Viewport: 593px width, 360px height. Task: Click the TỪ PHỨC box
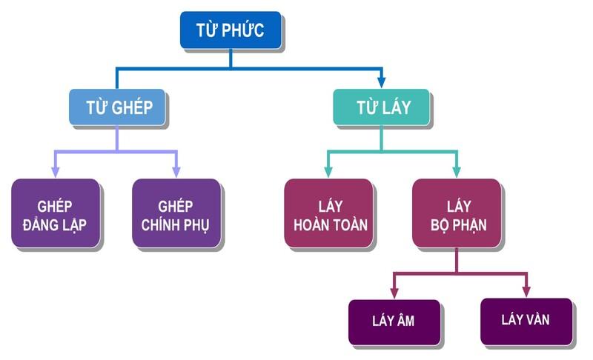pyautogui.click(x=230, y=30)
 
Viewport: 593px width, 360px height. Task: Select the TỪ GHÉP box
pyautogui.click(x=117, y=107)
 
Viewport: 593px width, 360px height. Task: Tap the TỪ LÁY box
pyautogui.click(x=381, y=107)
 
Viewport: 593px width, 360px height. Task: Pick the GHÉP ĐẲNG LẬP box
pyautogui.click(x=56, y=213)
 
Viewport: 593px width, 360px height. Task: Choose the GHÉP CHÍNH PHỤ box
pyautogui.click(x=176, y=213)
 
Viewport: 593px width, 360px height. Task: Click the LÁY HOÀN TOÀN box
pyautogui.click(x=328, y=213)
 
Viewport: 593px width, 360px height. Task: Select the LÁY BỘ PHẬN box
pyautogui.click(x=457, y=213)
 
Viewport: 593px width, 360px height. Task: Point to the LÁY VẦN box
pyautogui.click(x=526, y=321)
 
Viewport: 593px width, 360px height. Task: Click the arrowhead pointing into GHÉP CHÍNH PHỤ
pyautogui.click(x=176, y=171)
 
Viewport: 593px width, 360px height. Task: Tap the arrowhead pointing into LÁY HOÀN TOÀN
pyautogui.click(x=328, y=171)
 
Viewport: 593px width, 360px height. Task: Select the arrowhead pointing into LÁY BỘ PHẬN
pyautogui.click(x=457, y=171)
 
